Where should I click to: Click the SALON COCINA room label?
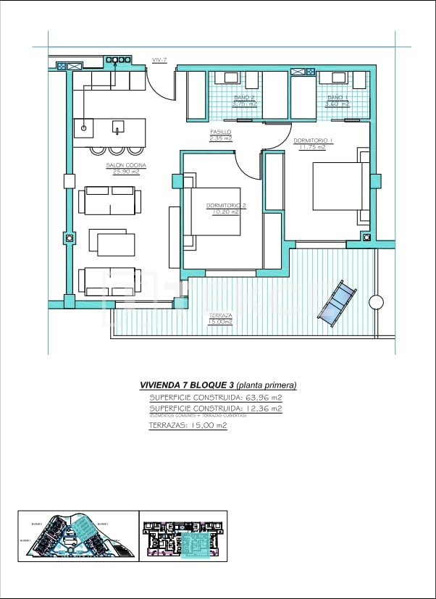[x=126, y=165]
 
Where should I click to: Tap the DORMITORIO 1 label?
[x=312, y=141]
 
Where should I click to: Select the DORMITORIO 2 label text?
[x=226, y=206]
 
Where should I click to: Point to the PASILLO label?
[x=221, y=132]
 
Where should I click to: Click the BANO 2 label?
[x=244, y=97]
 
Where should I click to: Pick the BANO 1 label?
[x=338, y=97]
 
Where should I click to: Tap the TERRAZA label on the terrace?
[x=220, y=316]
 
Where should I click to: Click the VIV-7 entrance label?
[x=159, y=59]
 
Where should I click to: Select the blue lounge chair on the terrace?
[x=337, y=303]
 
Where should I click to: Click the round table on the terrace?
[x=376, y=302]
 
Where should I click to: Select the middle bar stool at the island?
[x=117, y=151]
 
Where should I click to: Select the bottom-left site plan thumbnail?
[x=77, y=535]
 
